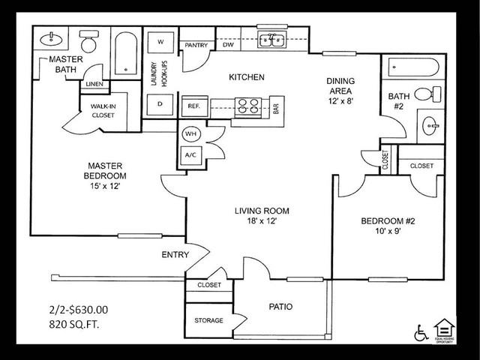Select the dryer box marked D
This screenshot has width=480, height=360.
pyautogui.click(x=160, y=103)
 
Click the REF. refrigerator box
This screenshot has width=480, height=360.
pyautogui.click(x=193, y=106)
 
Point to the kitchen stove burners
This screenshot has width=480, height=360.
pyautogui.click(x=248, y=106)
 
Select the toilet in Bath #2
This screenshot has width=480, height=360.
pyautogui.click(x=426, y=94)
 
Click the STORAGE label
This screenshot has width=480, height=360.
pyautogui.click(x=209, y=320)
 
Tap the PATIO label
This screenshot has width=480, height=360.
pyautogui.click(x=280, y=307)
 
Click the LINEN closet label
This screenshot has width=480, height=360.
pyautogui.click(x=94, y=84)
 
